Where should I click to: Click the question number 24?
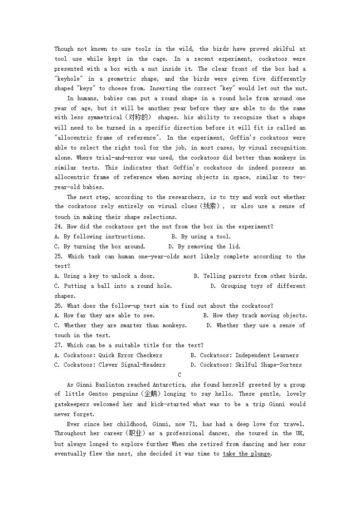(x=58, y=227)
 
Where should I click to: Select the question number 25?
(x=59, y=257)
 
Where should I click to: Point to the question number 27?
(x=58, y=345)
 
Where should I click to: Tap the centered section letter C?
(x=180, y=375)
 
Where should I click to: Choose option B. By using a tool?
(x=201, y=237)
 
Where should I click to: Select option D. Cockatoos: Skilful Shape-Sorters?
(x=246, y=365)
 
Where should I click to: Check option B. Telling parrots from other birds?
(x=250, y=276)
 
